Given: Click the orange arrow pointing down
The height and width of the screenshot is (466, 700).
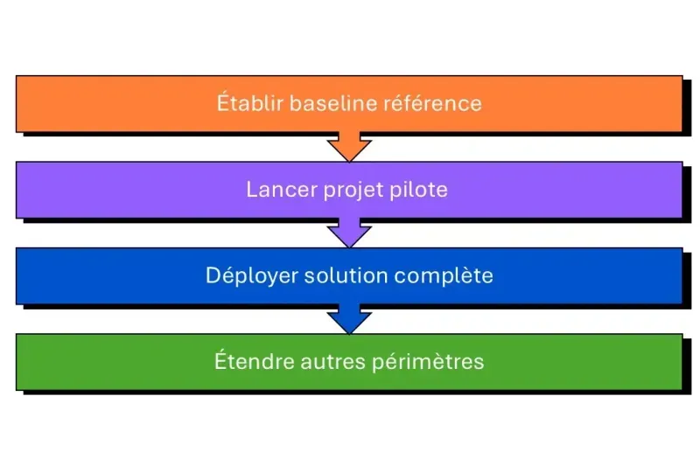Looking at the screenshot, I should pos(349,148).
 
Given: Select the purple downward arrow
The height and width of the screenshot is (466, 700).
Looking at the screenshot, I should pos(349,234).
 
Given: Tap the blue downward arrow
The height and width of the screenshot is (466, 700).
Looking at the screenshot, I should pos(349,320).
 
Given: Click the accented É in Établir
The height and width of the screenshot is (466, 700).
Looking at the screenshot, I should pos(222,102).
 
